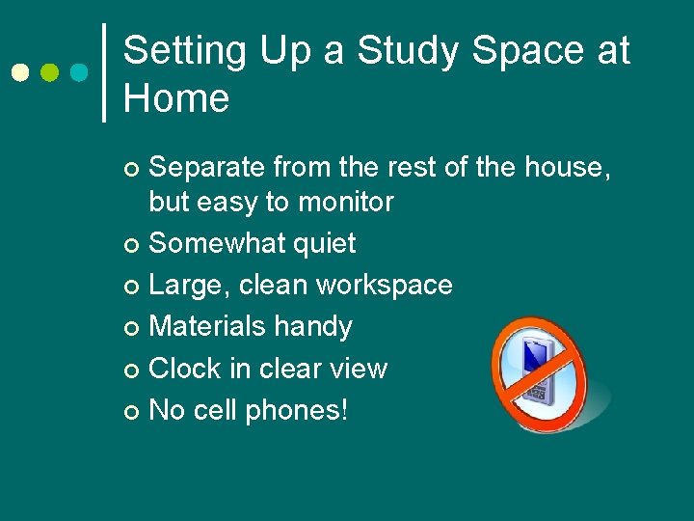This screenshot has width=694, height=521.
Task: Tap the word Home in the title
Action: click(176, 98)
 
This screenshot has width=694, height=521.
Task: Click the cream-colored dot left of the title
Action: click(19, 72)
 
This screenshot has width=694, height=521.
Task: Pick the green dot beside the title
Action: click(49, 72)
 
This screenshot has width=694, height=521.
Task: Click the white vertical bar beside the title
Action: click(104, 72)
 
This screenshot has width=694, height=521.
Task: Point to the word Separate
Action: click(207, 168)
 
